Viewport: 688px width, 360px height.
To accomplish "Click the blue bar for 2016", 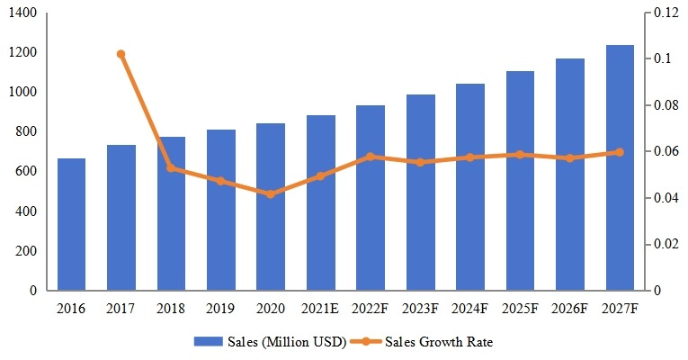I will tap(72, 225).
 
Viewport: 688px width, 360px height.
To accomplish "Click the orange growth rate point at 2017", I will tap(121, 54).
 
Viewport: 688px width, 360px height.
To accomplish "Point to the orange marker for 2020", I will tap(271, 193).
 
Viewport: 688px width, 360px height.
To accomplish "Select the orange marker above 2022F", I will tap(371, 157).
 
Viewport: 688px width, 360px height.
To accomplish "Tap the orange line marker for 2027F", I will tap(620, 152).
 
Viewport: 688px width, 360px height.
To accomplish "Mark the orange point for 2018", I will tap(171, 168).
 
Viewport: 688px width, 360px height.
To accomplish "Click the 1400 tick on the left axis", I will tap(22, 13).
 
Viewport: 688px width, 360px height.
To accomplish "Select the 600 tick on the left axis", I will tap(26, 171).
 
